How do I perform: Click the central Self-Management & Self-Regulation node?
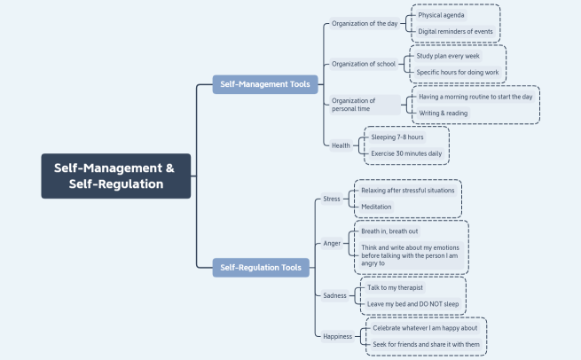[x=115, y=176]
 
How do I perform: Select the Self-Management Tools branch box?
[x=263, y=84]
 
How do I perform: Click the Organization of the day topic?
[x=364, y=23]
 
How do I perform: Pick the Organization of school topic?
[x=365, y=64]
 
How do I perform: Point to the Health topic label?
[x=341, y=145]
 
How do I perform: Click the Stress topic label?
[x=332, y=199]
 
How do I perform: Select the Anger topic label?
[x=332, y=243]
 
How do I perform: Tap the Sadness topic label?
[x=334, y=294]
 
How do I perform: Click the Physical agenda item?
[x=441, y=15]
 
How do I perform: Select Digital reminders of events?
[x=455, y=32]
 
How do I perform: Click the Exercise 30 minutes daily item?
[x=406, y=153]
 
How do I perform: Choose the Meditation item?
[x=376, y=207]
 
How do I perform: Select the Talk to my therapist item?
[x=396, y=287]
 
